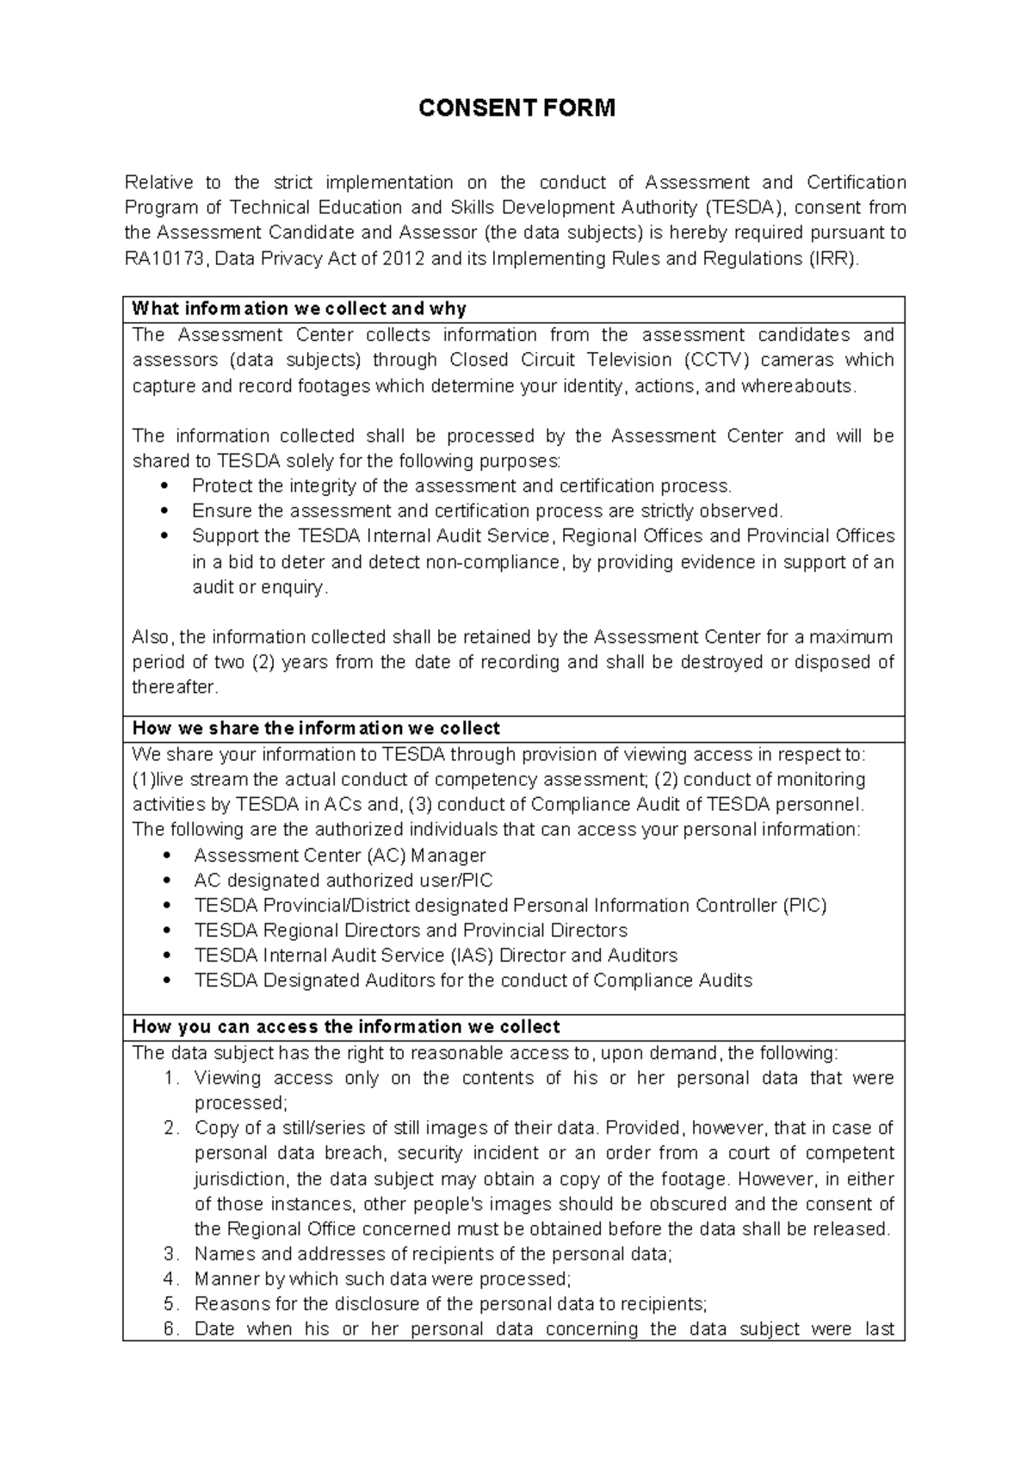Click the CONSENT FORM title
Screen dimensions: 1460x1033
[516, 108]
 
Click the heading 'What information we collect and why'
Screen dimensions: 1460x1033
[299, 309]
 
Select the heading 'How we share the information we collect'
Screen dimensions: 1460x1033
[316, 728]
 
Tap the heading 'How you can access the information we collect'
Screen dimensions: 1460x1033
[346, 1027]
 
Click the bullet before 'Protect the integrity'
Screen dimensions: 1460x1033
[166, 486]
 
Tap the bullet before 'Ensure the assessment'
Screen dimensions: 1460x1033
[166, 511]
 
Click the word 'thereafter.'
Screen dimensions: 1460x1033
[176, 688]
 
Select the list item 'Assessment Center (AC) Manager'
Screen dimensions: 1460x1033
[339, 856]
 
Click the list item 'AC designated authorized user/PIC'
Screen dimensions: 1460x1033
[343, 881]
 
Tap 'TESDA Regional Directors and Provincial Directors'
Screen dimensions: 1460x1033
[411, 931]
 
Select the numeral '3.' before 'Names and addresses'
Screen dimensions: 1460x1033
[171, 1254]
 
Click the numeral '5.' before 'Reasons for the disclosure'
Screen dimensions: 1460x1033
[171, 1304]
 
